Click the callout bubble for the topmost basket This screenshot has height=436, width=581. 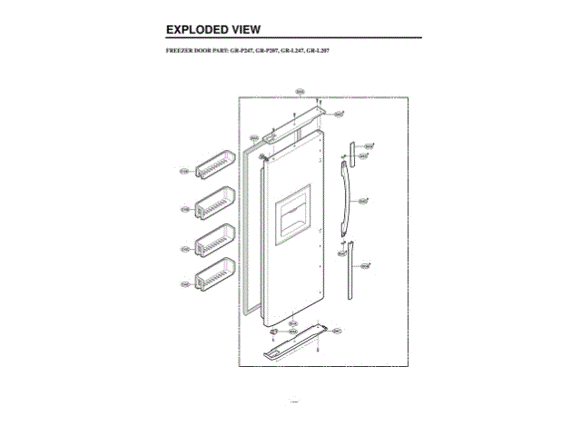click(x=184, y=170)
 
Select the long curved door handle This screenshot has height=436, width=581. click(x=343, y=201)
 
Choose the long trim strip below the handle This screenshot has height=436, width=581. click(x=347, y=268)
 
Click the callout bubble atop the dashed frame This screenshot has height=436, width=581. click(x=300, y=92)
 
